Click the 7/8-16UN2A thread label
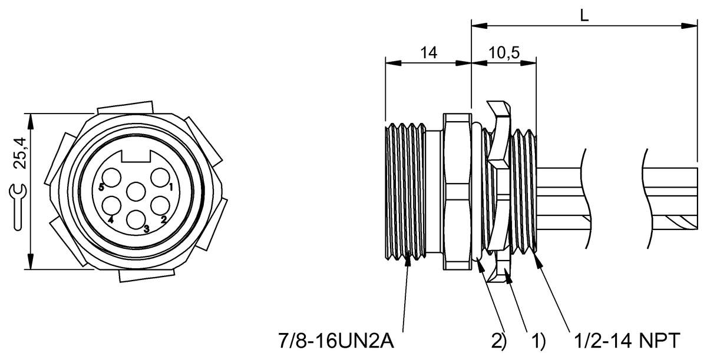(x=336, y=341)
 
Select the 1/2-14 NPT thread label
(x=626, y=341)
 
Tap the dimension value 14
(x=429, y=52)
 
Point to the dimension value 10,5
(x=504, y=53)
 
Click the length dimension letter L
(x=584, y=15)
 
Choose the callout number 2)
(x=498, y=341)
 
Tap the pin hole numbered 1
(x=160, y=178)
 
